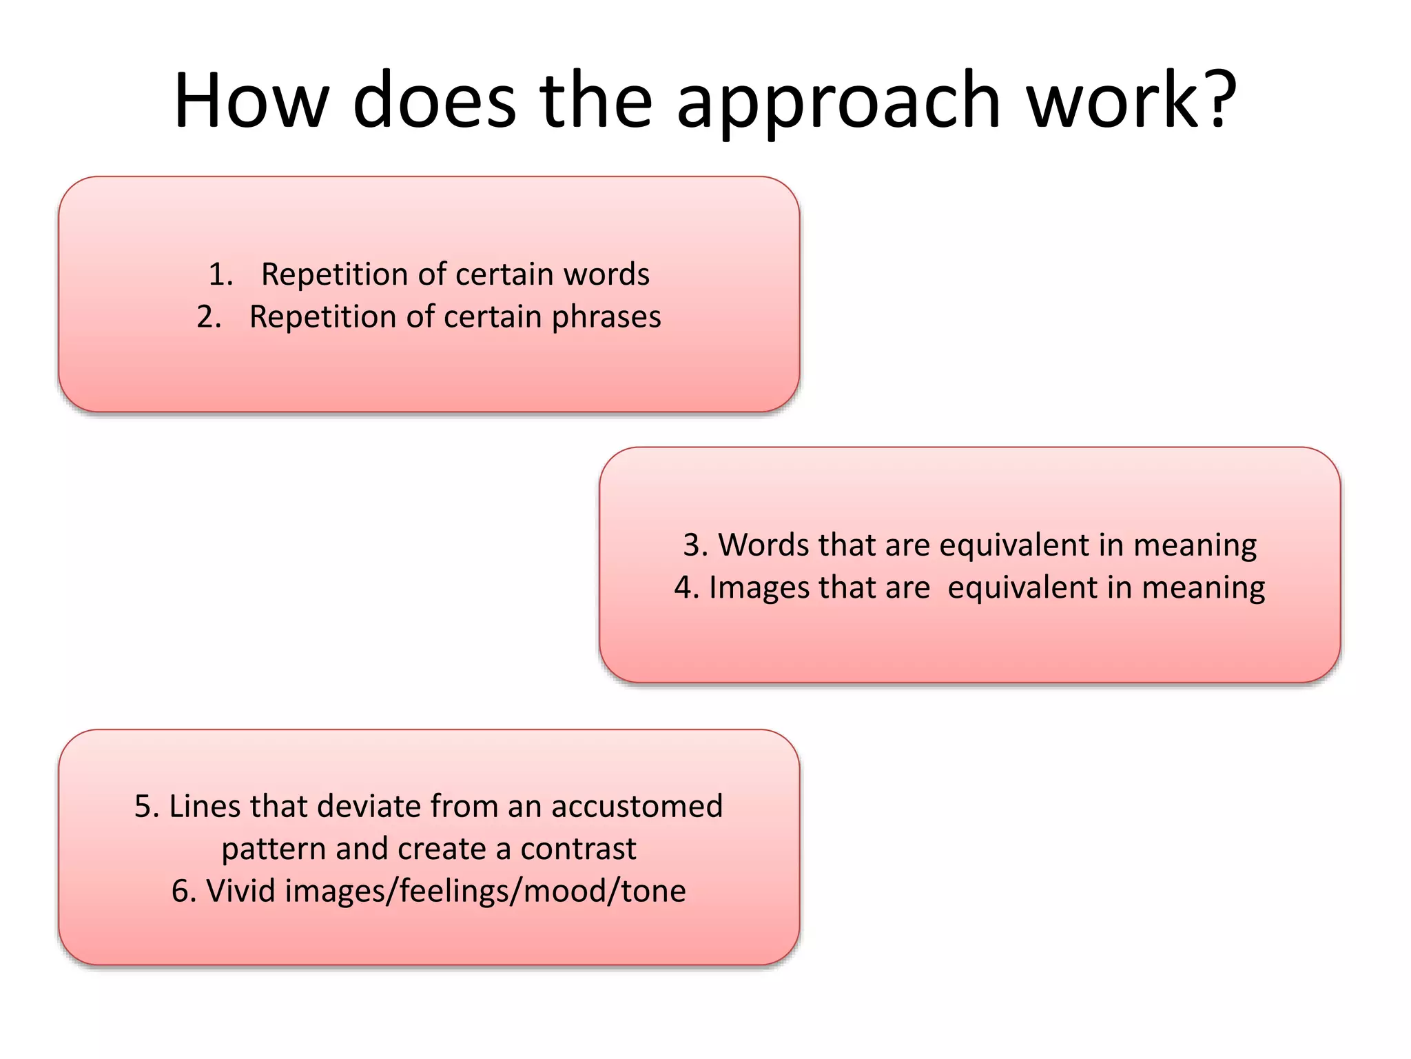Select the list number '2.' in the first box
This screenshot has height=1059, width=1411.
[209, 317]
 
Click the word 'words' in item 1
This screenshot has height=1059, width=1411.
[606, 274]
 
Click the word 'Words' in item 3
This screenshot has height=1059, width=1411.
[763, 545]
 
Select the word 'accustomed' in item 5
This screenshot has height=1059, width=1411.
[637, 806]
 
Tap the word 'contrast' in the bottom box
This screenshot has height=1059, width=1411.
[578, 849]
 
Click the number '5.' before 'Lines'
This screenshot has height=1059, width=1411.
[146, 806]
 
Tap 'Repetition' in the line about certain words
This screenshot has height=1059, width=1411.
[335, 274]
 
